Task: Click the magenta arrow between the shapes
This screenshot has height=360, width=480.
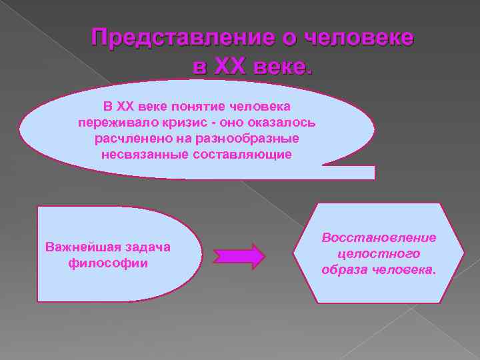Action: pos(239,256)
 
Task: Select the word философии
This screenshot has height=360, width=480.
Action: pos(108,263)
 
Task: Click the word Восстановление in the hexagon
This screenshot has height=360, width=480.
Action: pos(379,238)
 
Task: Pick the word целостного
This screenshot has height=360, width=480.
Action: pos(379,254)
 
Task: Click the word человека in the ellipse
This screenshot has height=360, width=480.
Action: pos(260,107)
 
